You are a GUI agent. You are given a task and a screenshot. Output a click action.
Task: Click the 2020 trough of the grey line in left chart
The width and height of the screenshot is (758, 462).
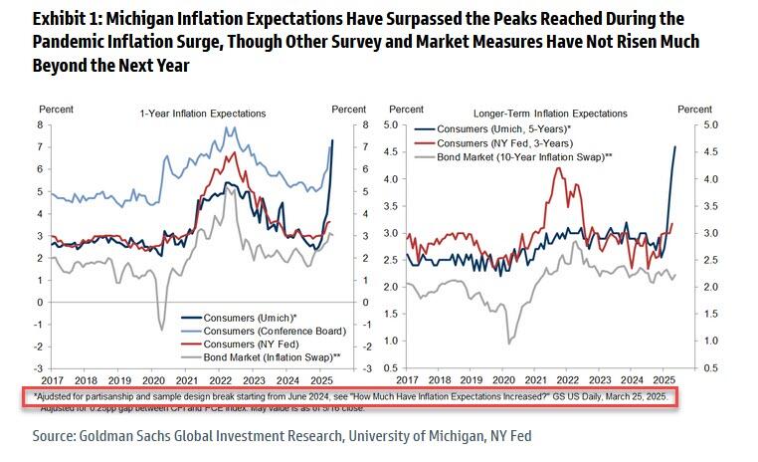162,330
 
